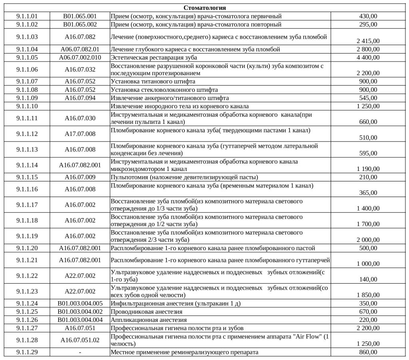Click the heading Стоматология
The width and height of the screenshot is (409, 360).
click(204, 8)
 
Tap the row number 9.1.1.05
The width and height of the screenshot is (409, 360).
click(27, 58)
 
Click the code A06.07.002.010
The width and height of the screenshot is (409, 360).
click(80, 58)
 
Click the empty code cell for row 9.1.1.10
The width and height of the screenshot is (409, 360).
click(80, 106)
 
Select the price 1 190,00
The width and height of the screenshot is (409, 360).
click(368, 169)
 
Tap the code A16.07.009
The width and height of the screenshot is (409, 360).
click(80, 177)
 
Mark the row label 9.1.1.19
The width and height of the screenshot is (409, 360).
click(27, 236)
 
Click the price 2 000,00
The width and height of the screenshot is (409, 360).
click(368, 240)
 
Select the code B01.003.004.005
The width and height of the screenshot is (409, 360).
click(80, 304)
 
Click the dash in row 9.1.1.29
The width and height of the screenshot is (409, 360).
click(80, 353)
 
